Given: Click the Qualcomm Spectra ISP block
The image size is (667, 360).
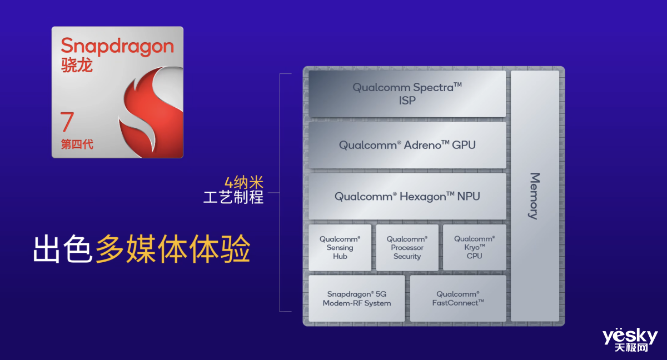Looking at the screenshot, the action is pos(407,94).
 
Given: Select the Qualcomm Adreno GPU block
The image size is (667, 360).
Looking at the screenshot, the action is pos(407,145).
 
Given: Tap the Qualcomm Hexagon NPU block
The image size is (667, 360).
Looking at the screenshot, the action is pos(407,196).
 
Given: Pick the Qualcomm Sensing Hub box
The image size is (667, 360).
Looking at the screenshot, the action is pos(340,248).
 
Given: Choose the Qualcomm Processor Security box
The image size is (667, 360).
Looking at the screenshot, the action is pos(407,248).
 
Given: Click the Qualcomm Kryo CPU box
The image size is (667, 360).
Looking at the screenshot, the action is pos(474,247).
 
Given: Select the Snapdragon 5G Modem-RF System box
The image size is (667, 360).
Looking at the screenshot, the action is pos(357,298).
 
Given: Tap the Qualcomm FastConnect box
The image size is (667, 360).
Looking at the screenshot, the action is pos(458,298).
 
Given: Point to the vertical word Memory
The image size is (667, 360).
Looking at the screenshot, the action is pos(535,196).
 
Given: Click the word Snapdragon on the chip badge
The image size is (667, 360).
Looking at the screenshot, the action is pos(117,46).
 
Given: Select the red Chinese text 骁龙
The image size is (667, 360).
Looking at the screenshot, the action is pos(77,65).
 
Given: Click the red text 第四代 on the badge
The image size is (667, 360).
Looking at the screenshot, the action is pos(77,144).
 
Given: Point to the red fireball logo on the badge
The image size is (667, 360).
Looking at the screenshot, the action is pos(151,112).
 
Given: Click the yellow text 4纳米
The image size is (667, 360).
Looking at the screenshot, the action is pos(244,182).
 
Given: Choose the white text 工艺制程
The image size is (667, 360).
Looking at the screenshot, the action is pos(233,197).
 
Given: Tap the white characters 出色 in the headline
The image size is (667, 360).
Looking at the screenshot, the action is pos(62,249).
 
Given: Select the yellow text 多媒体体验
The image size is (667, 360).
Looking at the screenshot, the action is pos(173,249).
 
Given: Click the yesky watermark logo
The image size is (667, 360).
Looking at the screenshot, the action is pos(630,340).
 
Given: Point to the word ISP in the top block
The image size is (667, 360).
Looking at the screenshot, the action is pos(407,101).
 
